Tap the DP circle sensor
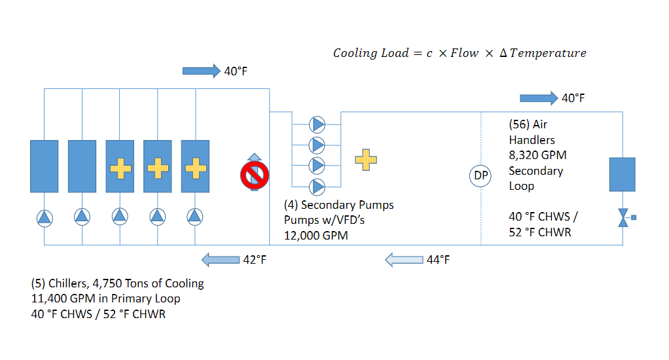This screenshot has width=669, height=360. [481, 176]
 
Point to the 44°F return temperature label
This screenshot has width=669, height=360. [438, 260]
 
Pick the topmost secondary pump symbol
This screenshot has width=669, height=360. [317, 124]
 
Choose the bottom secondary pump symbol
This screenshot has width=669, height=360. [317, 187]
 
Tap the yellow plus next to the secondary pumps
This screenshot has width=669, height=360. [366, 159]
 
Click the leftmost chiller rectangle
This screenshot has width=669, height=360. [44, 166]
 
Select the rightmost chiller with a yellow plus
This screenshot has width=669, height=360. [195, 166]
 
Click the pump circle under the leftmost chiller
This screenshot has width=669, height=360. [44, 216]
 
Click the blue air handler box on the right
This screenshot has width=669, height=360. [623, 174]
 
